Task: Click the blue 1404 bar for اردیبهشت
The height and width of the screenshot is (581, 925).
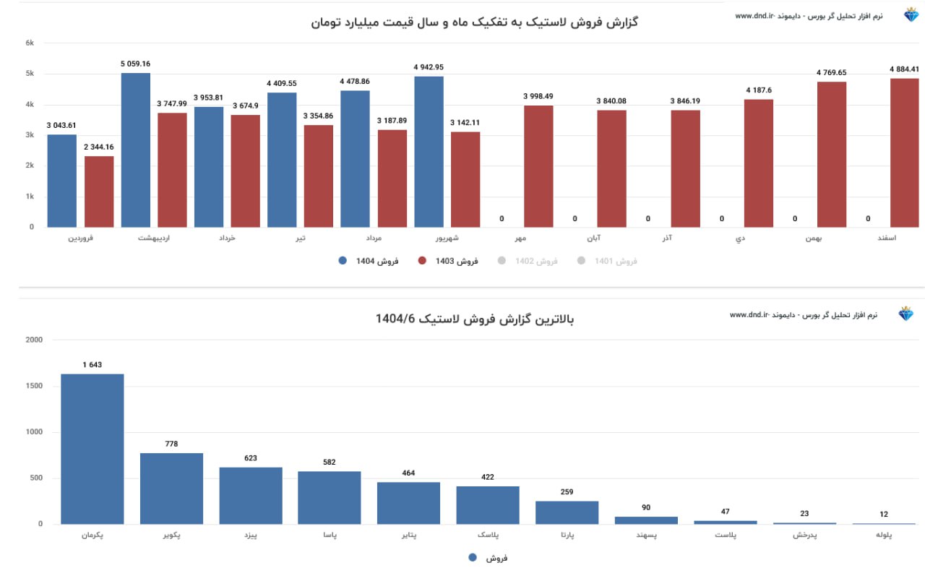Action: point(136,150)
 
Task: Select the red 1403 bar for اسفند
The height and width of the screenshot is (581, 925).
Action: point(904,152)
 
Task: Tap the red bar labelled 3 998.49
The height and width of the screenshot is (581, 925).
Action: point(538,166)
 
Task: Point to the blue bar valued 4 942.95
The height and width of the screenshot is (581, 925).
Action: point(429,152)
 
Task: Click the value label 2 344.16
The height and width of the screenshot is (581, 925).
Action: point(99,147)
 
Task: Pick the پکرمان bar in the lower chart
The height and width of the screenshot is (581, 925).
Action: point(92,449)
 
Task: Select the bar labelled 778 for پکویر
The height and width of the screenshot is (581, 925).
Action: point(171,489)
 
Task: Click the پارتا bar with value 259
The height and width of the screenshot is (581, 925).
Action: point(567,512)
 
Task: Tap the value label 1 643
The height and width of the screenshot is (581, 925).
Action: point(92,365)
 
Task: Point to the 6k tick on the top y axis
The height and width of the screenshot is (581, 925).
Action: point(30,43)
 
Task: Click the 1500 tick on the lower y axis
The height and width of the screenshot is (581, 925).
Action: point(34,386)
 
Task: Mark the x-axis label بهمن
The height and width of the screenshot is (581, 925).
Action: point(816,238)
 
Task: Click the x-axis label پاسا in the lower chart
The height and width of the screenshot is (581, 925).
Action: point(330,536)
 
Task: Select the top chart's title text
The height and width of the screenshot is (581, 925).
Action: point(474,22)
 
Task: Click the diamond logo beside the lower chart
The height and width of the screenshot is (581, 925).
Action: point(905,314)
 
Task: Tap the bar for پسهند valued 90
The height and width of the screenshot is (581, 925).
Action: point(646,520)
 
